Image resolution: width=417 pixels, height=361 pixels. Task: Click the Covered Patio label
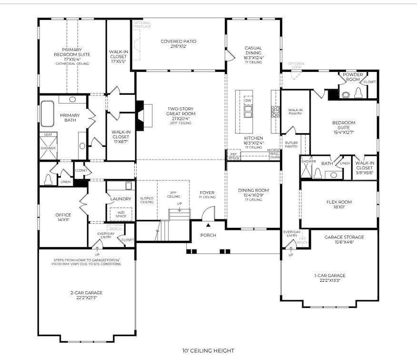click(179, 41)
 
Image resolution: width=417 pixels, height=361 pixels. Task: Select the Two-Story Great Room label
click(179, 111)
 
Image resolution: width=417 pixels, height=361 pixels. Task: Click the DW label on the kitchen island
click(248, 101)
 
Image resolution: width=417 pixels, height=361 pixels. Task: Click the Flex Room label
click(339, 202)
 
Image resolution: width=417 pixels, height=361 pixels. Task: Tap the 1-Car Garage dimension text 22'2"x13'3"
click(329, 281)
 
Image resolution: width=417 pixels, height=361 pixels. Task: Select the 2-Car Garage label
click(86, 293)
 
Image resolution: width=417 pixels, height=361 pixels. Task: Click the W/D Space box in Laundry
click(121, 214)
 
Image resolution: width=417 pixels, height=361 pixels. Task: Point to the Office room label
click(63, 215)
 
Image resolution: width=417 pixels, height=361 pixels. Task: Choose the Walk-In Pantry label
click(295, 112)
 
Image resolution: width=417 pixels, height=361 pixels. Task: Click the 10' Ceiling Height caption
click(208, 351)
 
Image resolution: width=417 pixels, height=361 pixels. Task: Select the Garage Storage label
click(344, 237)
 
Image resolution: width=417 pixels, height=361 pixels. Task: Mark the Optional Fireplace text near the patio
click(142, 24)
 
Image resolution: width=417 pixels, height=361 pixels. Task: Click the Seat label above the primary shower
click(48, 135)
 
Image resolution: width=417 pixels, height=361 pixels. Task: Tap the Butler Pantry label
click(291, 144)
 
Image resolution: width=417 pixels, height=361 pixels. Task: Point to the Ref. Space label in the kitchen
click(234, 155)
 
